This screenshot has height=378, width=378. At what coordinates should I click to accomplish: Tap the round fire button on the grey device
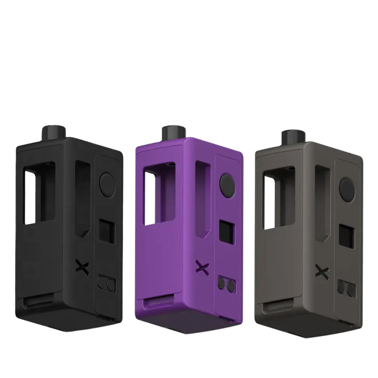[346, 186]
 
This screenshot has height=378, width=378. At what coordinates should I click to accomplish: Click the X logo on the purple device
[201, 268]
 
